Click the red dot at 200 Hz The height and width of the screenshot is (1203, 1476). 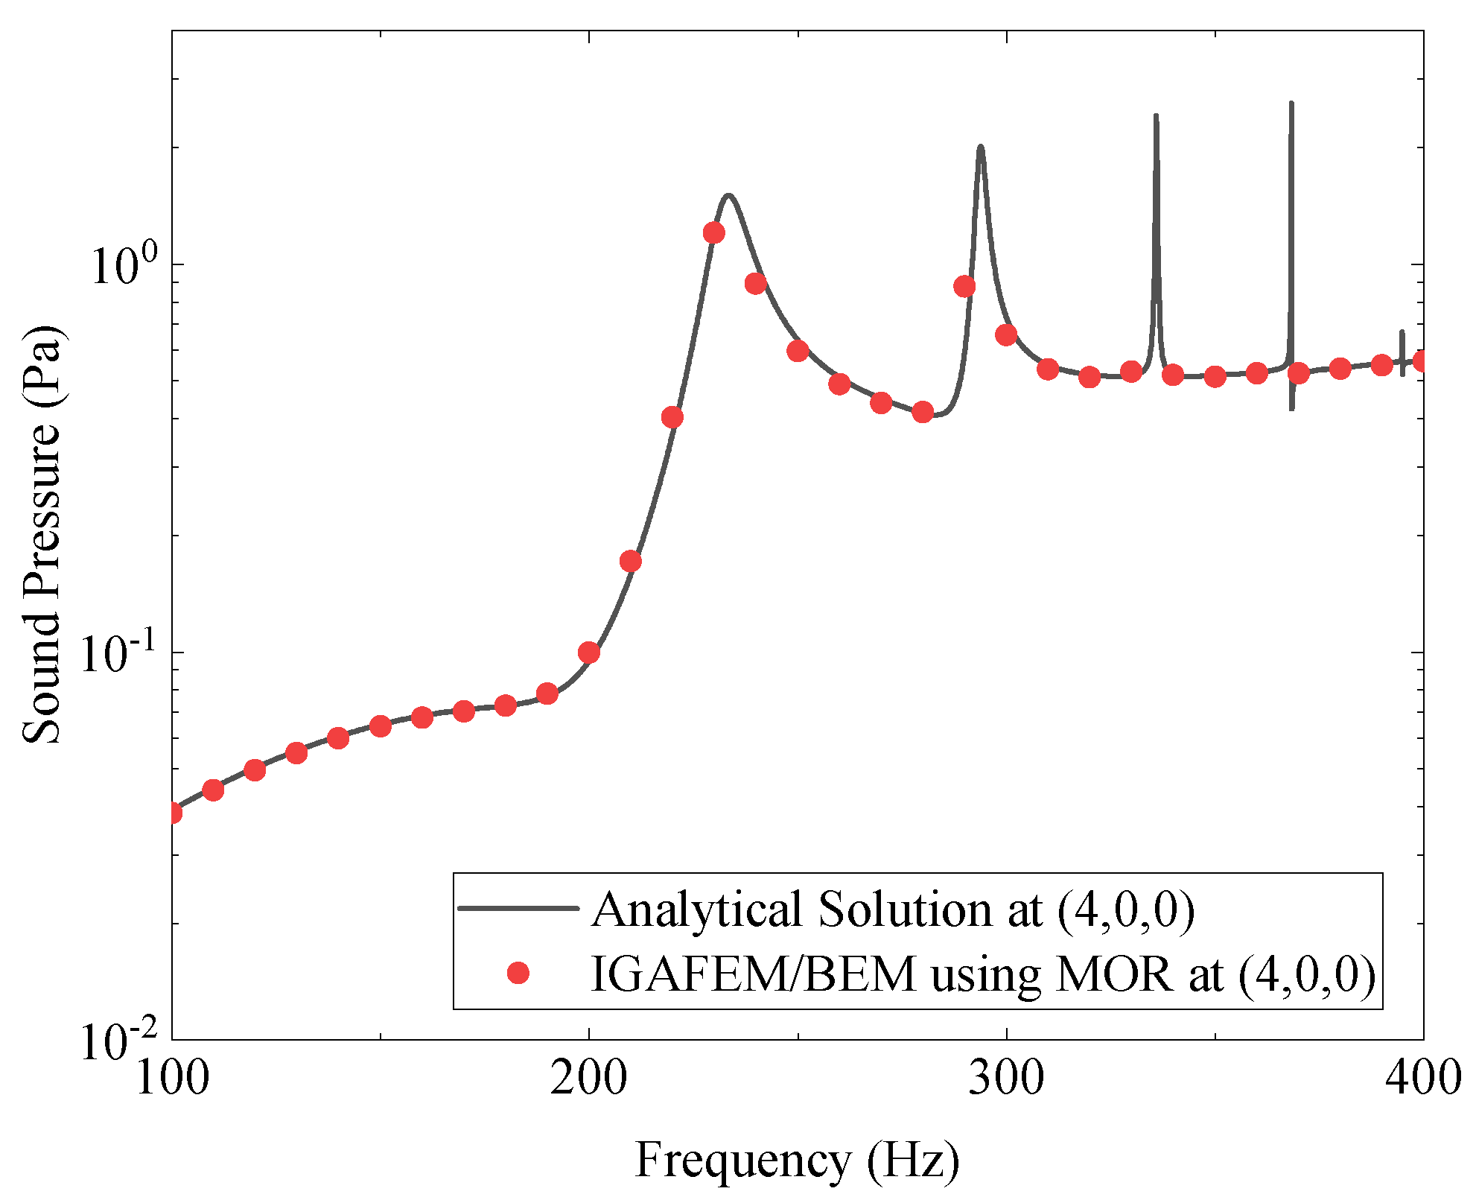589,653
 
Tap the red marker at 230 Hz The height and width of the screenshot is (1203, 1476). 714,233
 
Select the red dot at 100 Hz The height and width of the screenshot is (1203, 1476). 173,813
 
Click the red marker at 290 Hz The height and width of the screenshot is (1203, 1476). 964,287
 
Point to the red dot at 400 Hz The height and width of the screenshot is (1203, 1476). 1422,361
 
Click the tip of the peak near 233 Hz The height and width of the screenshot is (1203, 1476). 729,196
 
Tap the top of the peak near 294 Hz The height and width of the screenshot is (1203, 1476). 981,147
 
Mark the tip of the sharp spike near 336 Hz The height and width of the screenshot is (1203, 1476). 1156,115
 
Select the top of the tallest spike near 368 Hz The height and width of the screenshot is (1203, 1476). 1291,103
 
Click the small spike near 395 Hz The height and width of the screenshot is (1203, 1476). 1402,332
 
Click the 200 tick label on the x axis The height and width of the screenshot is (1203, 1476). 588,1078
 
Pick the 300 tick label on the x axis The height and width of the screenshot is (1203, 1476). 1006,1078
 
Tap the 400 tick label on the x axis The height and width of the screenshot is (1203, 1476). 1422,1078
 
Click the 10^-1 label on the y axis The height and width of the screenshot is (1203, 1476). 119,653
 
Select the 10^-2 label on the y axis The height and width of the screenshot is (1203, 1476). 119,1041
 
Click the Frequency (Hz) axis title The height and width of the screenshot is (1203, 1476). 797,1160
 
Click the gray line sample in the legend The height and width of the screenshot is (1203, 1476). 518,908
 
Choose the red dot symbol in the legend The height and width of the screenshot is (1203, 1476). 518,973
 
